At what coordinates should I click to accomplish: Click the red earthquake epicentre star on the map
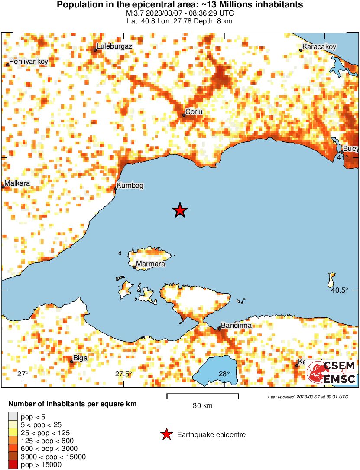coord(180,211)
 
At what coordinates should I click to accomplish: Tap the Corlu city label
coord(194,112)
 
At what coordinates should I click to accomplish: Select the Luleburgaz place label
coord(114,46)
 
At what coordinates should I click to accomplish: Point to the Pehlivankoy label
coord(29,62)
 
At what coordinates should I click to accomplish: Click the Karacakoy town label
coord(319,47)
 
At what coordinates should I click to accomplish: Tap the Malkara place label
coord(17,183)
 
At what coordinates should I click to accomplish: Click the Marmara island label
coord(150,264)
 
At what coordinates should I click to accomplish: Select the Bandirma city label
coord(236,325)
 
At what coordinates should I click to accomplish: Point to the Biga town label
coord(81,358)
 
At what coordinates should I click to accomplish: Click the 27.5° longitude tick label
coord(123,374)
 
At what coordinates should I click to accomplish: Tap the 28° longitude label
coord(224,374)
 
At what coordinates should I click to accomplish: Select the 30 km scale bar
coord(202,395)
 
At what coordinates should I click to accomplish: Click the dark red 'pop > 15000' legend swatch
coord(13,464)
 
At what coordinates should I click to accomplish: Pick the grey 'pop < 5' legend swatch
coord(13,417)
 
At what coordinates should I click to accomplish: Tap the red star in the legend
coord(166,434)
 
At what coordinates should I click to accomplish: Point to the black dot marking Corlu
coord(184,115)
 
